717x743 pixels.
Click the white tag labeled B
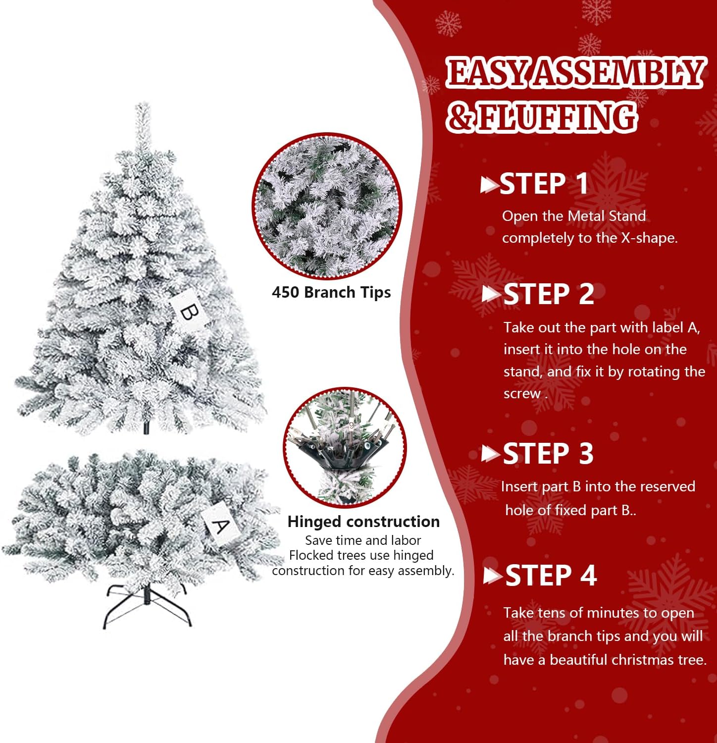coord(188,312)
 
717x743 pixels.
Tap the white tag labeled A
coord(220,526)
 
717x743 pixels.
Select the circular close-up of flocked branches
coord(327,206)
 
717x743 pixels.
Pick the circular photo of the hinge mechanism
coord(345,447)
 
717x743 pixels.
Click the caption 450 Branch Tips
coord(331,292)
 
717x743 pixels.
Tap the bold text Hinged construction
coord(363,522)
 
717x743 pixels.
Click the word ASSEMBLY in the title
coord(619,72)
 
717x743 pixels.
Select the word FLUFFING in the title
coord(557,117)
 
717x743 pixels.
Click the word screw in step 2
coord(522,394)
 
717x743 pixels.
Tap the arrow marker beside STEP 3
coord(491,454)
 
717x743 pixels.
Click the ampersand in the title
coord(461,117)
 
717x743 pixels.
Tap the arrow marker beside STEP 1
coord(489,185)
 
